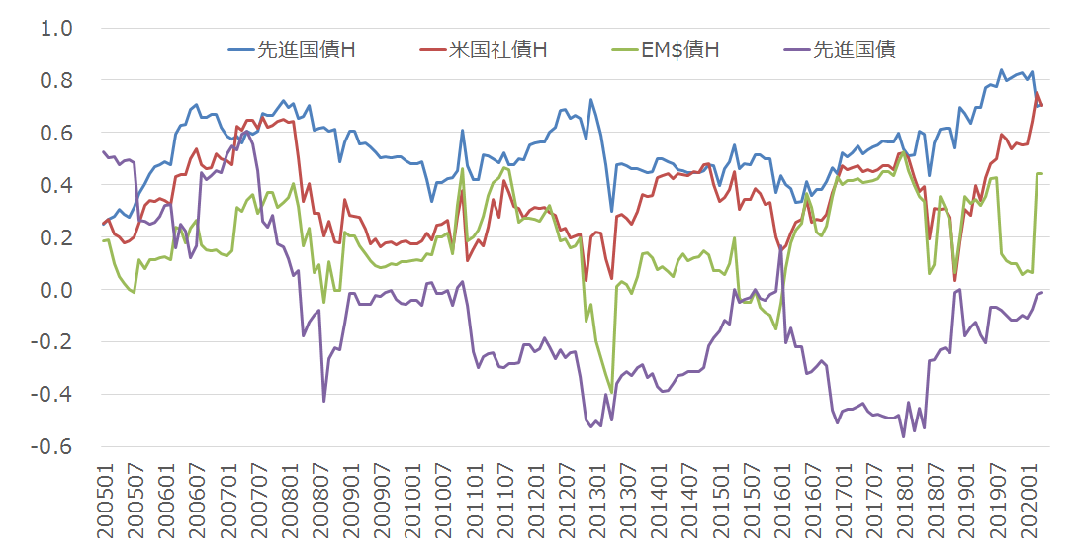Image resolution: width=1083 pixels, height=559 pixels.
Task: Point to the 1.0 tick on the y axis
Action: pyautogui.click(x=55, y=28)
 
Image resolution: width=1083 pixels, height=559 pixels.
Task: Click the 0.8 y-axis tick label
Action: pyautogui.click(x=55, y=80)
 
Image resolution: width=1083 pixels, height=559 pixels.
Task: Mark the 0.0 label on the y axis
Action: pyautogui.click(x=55, y=290)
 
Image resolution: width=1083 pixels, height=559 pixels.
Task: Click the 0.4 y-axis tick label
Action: pyautogui.click(x=55, y=185)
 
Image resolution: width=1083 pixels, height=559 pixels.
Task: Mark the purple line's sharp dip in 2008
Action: pyautogui.click(x=324, y=401)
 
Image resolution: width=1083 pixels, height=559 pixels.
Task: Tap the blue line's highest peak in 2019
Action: pyautogui.click(x=1001, y=70)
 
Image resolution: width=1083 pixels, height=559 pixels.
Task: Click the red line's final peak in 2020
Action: pyautogui.click(x=1037, y=93)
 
